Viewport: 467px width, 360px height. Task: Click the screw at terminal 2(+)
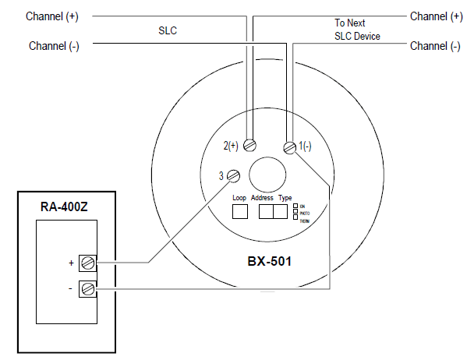pos(249,145)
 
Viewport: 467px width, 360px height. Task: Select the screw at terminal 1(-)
pos(289,147)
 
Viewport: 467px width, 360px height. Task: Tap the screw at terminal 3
pos(232,177)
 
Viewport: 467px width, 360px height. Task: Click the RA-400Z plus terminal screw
pos(88,263)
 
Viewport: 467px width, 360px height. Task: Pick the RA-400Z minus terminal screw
pos(88,288)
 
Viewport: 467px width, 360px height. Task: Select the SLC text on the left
pos(168,31)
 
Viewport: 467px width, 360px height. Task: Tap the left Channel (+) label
pos(52,16)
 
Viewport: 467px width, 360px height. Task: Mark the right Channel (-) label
pos(434,46)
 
